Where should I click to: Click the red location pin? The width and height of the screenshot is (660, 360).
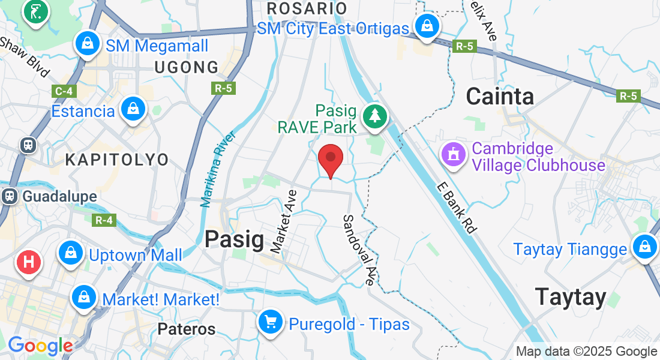[x=330, y=158]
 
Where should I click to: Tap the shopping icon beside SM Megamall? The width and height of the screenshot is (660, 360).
[x=88, y=44]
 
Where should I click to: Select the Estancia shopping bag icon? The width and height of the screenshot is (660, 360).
[x=133, y=110]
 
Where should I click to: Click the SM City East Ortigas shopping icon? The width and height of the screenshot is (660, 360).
[x=427, y=26]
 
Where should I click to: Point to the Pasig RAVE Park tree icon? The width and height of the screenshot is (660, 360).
[x=376, y=115]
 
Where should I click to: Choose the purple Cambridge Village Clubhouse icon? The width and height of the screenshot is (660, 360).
[x=454, y=155]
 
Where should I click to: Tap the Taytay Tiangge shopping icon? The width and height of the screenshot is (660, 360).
[x=644, y=247]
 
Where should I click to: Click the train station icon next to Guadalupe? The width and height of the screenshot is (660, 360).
[x=9, y=196]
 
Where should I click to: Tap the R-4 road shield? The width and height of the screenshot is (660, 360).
[x=104, y=220]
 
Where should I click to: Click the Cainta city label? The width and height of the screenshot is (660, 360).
[x=500, y=97]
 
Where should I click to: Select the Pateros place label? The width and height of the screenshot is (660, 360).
[x=187, y=329]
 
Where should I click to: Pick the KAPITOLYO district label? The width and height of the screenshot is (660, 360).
[x=117, y=160]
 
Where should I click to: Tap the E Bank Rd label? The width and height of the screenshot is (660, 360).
[x=457, y=207]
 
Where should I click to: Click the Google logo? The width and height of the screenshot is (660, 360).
[x=40, y=346]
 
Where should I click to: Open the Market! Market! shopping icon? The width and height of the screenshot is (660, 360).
[x=85, y=298]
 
